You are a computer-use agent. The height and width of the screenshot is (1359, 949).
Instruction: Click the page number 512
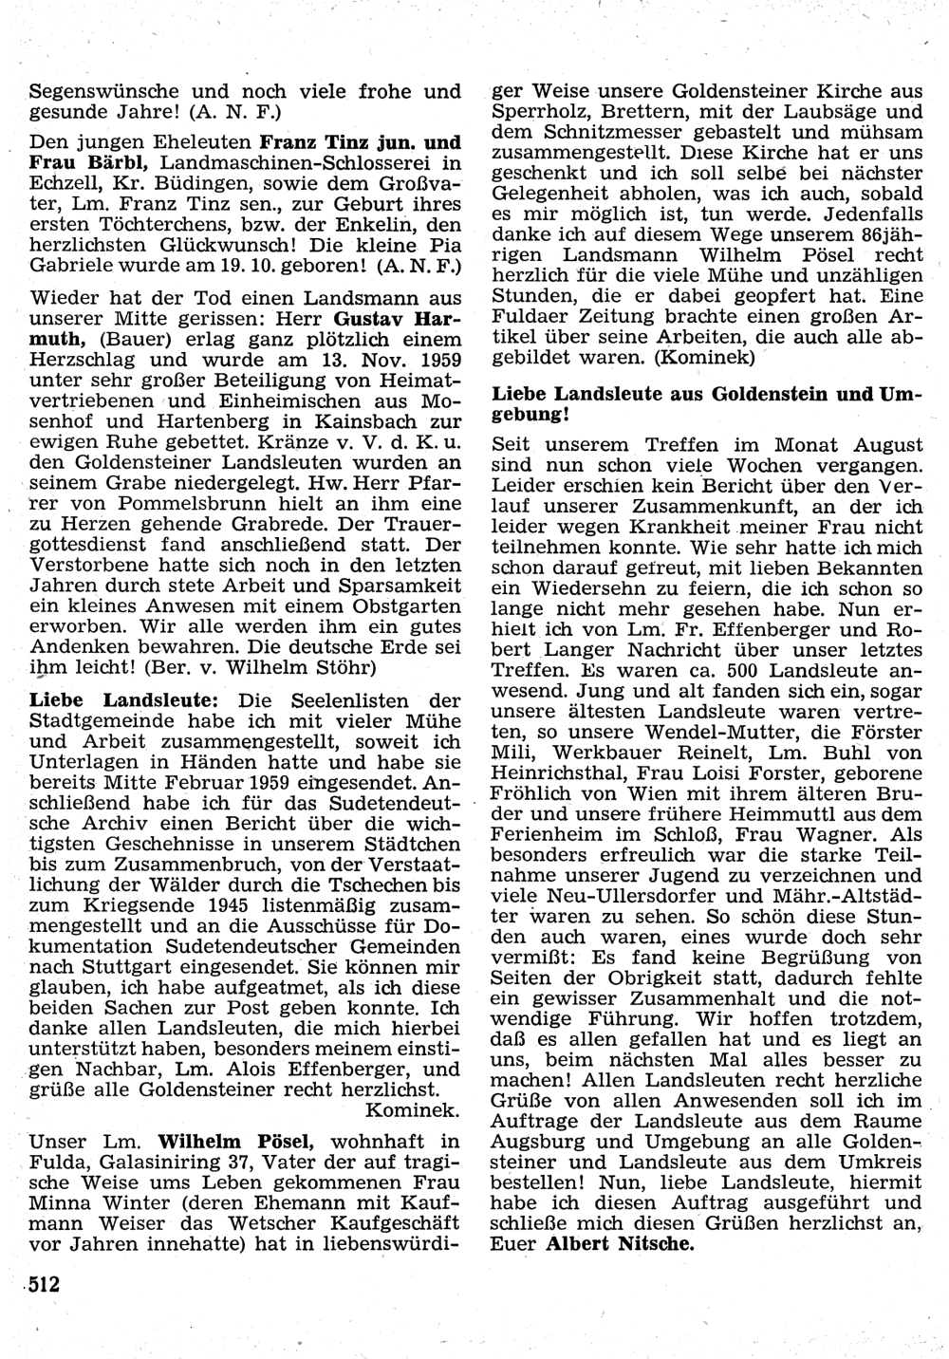(44, 1285)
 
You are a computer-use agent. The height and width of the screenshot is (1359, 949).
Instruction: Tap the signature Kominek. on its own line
(413, 1109)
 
